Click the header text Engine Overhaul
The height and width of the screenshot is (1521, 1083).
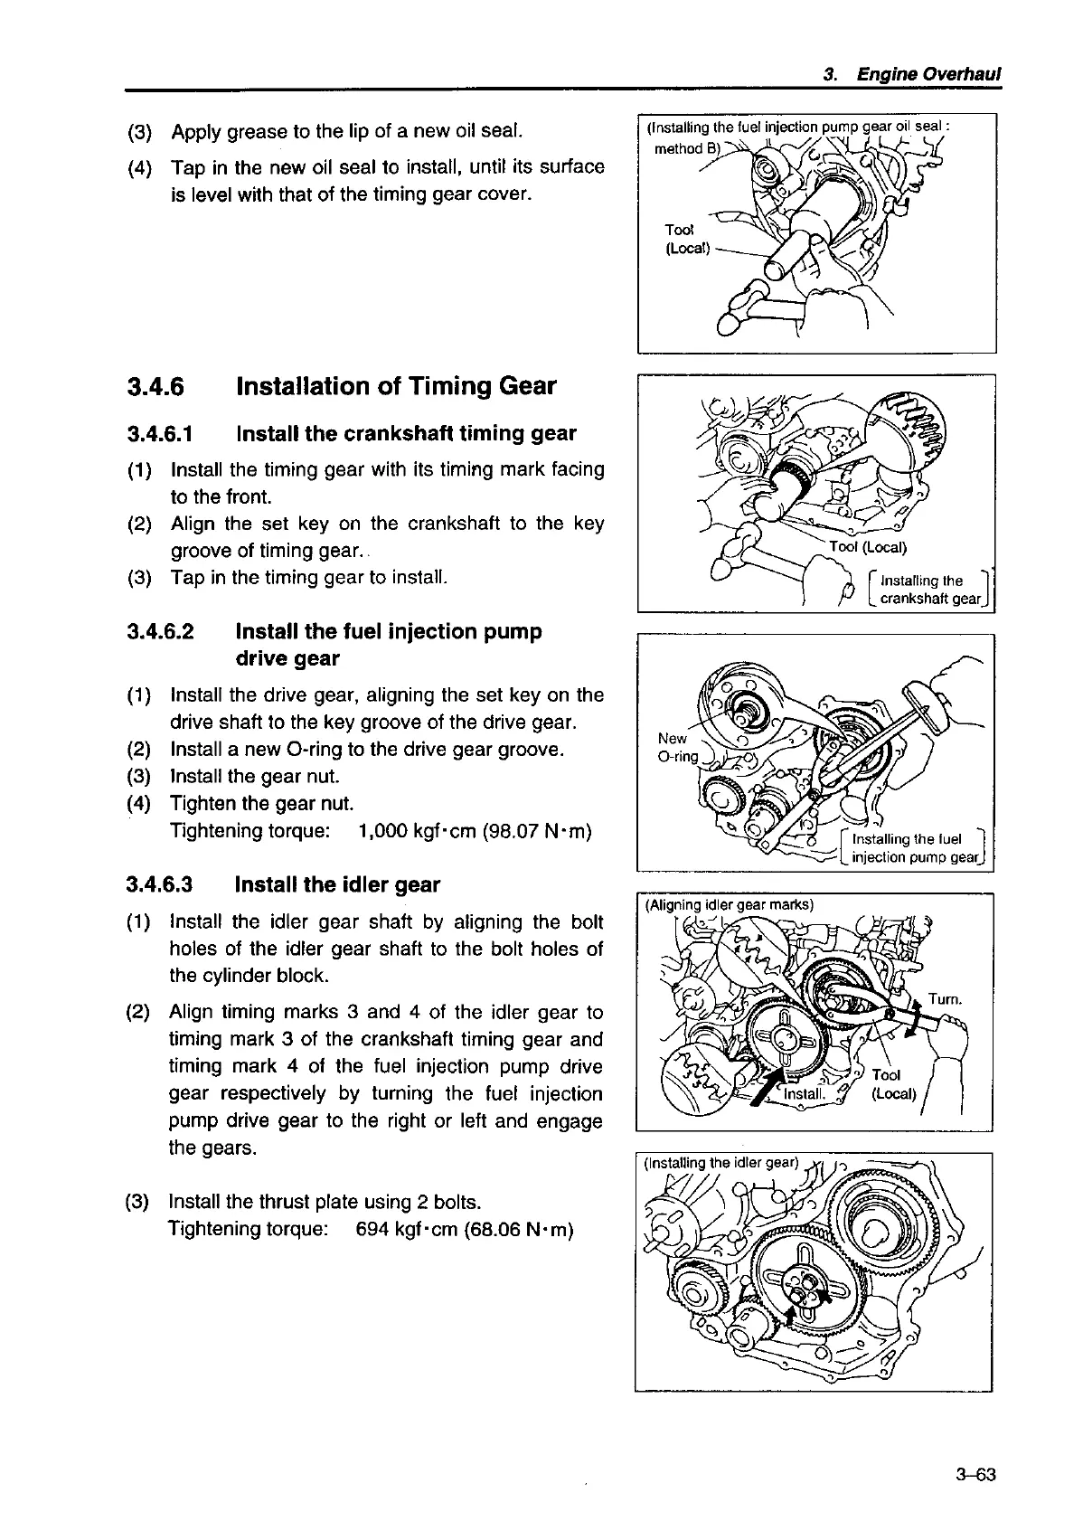929,74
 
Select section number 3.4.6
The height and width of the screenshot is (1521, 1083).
155,387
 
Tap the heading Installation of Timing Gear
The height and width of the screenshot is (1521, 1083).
395,387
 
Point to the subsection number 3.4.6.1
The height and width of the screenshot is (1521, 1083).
160,434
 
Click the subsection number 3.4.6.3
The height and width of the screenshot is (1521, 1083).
160,884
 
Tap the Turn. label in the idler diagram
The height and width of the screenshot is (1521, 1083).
946,999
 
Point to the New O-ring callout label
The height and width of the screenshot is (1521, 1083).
676,748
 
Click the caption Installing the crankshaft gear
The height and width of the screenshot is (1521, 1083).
928,589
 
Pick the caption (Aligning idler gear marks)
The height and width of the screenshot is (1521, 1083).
729,903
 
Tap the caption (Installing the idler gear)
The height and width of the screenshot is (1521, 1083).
720,1163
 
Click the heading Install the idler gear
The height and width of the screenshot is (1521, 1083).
337,884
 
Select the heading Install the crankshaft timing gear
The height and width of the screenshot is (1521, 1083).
406,434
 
